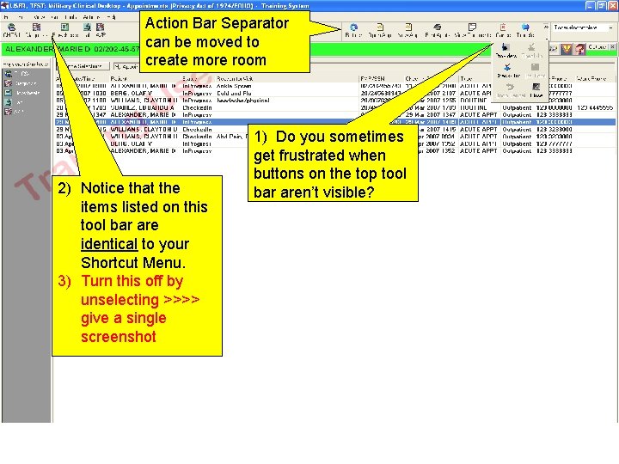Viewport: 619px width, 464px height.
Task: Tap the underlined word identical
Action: [x=109, y=244]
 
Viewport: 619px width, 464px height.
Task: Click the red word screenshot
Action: [x=118, y=337]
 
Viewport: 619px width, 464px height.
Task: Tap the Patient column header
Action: [x=120, y=79]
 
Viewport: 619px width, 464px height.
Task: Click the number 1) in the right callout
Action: [x=261, y=137]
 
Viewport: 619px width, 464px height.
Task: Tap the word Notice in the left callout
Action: [x=101, y=187]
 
